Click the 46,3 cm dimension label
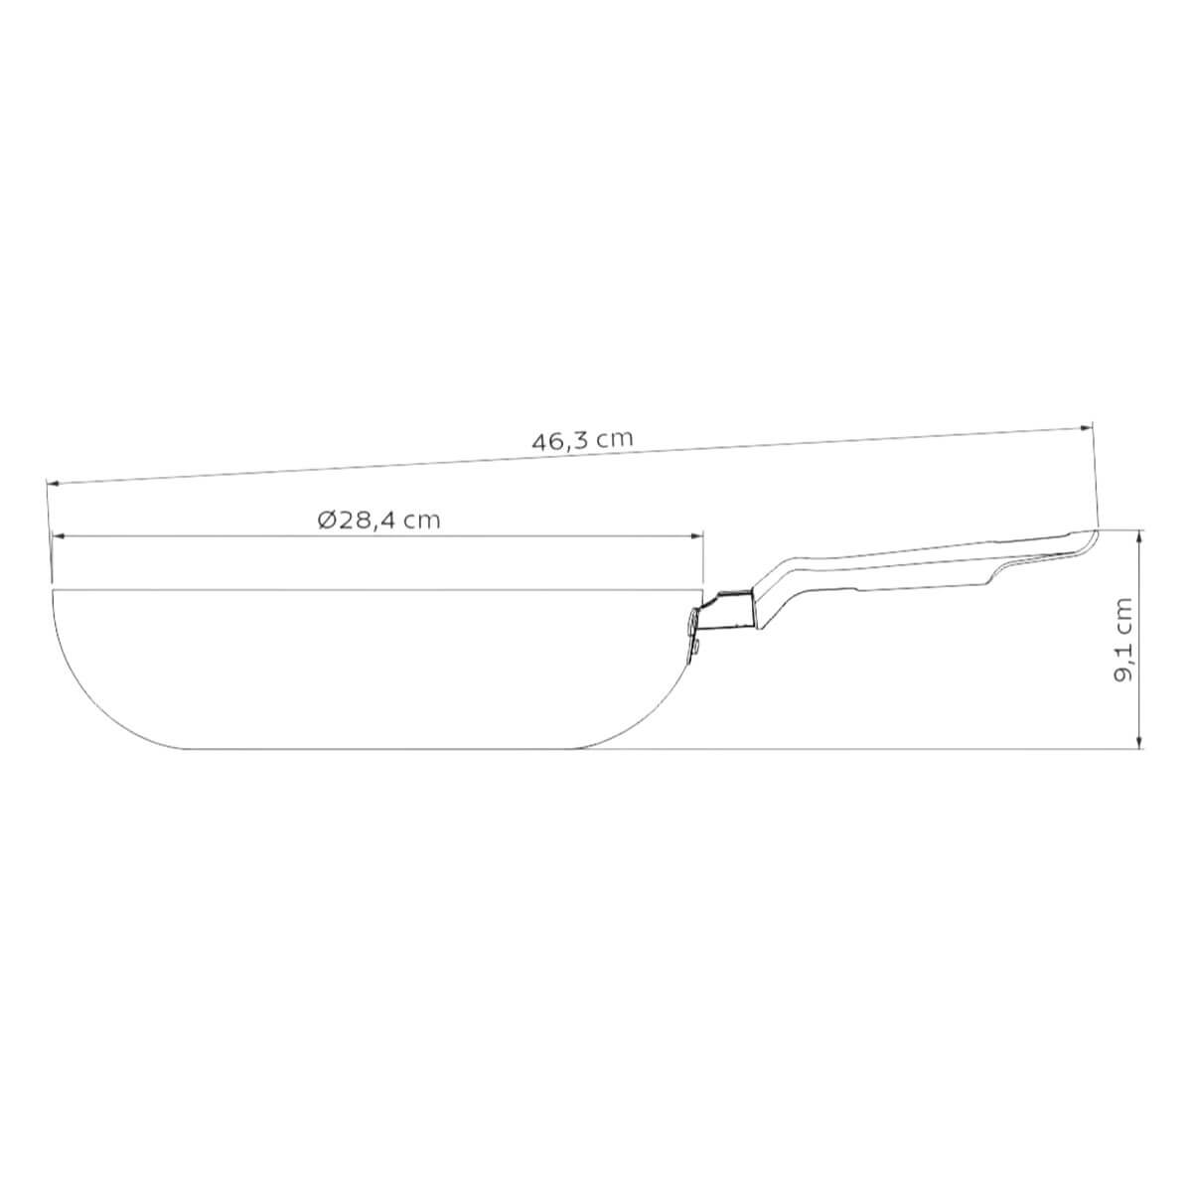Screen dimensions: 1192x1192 tap(582, 440)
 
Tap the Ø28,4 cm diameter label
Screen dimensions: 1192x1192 tap(378, 521)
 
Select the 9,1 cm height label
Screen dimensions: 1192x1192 tap(1122, 640)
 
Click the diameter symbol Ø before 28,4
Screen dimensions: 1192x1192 tap(327, 521)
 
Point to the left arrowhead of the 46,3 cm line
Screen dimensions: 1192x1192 tap(54, 483)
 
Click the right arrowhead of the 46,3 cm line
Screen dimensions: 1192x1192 tap(1086, 427)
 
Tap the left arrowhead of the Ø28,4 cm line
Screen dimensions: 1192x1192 tap(59, 536)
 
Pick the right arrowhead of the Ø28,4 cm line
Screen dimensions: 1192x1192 tap(697, 536)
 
